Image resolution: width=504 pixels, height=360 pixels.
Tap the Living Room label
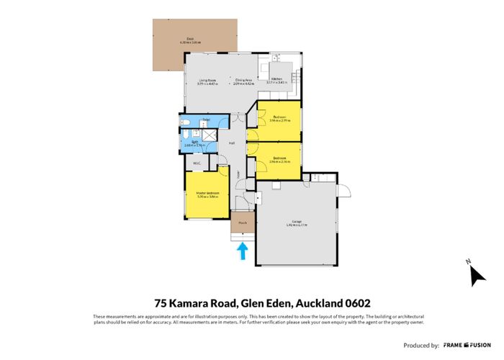207,81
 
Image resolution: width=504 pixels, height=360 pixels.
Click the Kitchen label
276,81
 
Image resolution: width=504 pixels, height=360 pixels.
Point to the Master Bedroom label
207,194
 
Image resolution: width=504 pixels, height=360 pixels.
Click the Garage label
296,222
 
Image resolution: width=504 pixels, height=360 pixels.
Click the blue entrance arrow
243,251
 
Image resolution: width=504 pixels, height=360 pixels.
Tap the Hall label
232,143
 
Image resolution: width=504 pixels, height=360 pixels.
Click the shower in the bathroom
210,136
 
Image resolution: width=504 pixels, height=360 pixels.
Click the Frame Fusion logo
468,345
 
